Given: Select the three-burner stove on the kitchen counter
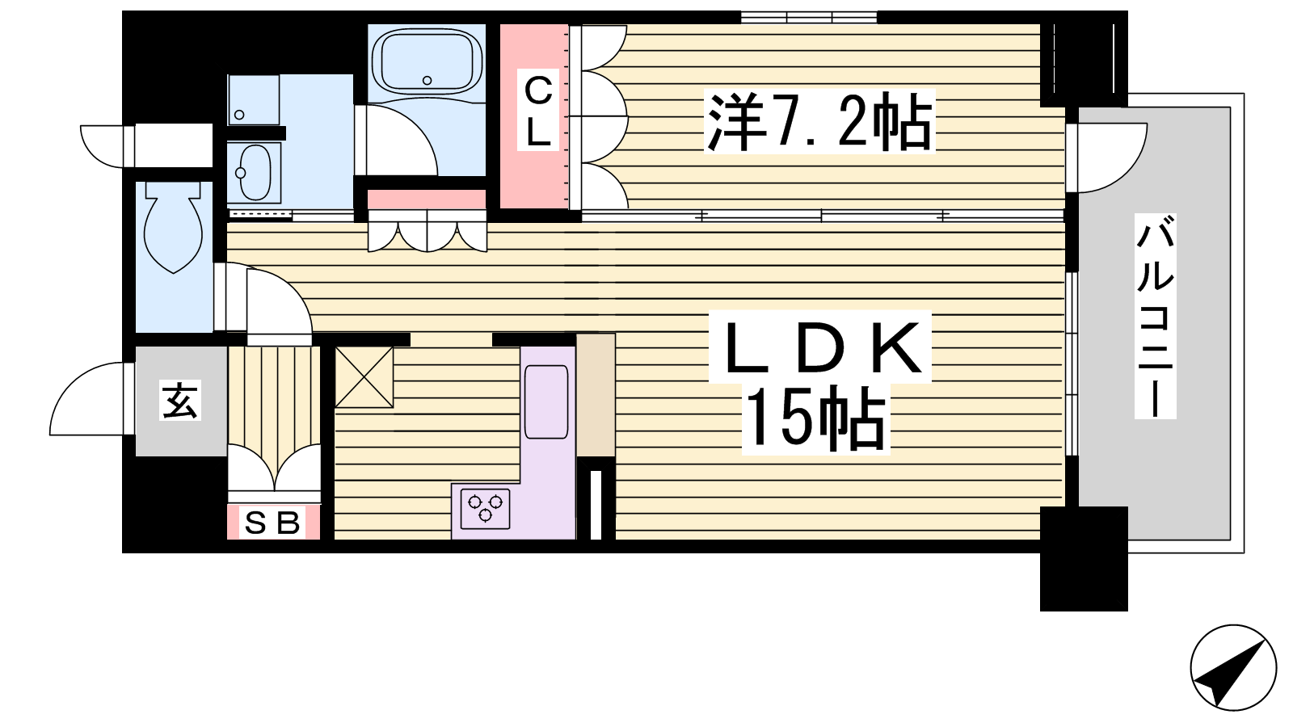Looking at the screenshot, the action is (485, 508).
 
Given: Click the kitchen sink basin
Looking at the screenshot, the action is (546, 401).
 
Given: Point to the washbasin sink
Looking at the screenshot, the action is (254, 172).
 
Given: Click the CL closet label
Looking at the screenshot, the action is (538, 111).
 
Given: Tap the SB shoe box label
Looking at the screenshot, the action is (272, 523).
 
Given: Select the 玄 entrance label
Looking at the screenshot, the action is (180, 401).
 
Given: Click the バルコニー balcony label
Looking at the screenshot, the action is (1155, 316).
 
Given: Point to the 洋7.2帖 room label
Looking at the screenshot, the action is (819, 121).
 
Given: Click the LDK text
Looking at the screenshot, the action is (820, 347).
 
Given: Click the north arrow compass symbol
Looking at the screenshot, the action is (1233, 667).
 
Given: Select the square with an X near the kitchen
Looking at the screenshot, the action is (364, 377).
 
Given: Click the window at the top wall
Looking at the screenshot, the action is (809, 17).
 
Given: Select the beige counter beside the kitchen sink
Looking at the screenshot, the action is (596, 395).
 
